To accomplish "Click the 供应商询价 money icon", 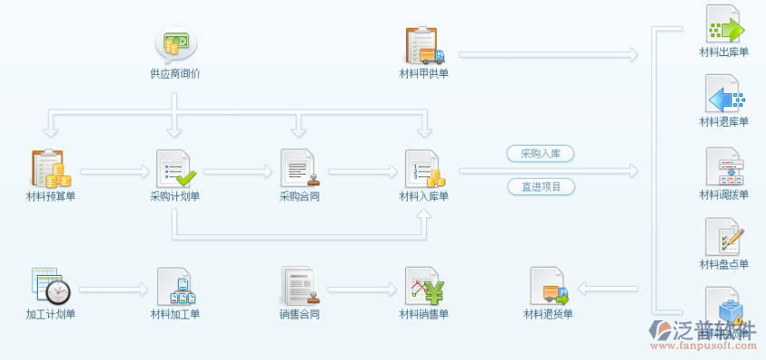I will (x=175, y=43).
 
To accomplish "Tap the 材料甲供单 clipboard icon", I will (x=423, y=45).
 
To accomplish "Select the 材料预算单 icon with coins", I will (x=50, y=168).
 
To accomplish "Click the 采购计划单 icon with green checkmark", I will (x=175, y=168).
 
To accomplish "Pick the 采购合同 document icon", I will (x=298, y=168).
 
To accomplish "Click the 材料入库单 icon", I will (x=423, y=168).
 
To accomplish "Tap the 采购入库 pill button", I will (x=541, y=154).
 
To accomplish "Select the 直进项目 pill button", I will (x=541, y=187).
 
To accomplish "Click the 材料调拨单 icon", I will (x=724, y=167).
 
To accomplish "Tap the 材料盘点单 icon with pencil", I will (x=724, y=237).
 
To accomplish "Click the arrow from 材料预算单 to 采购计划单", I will (x=113, y=170).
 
